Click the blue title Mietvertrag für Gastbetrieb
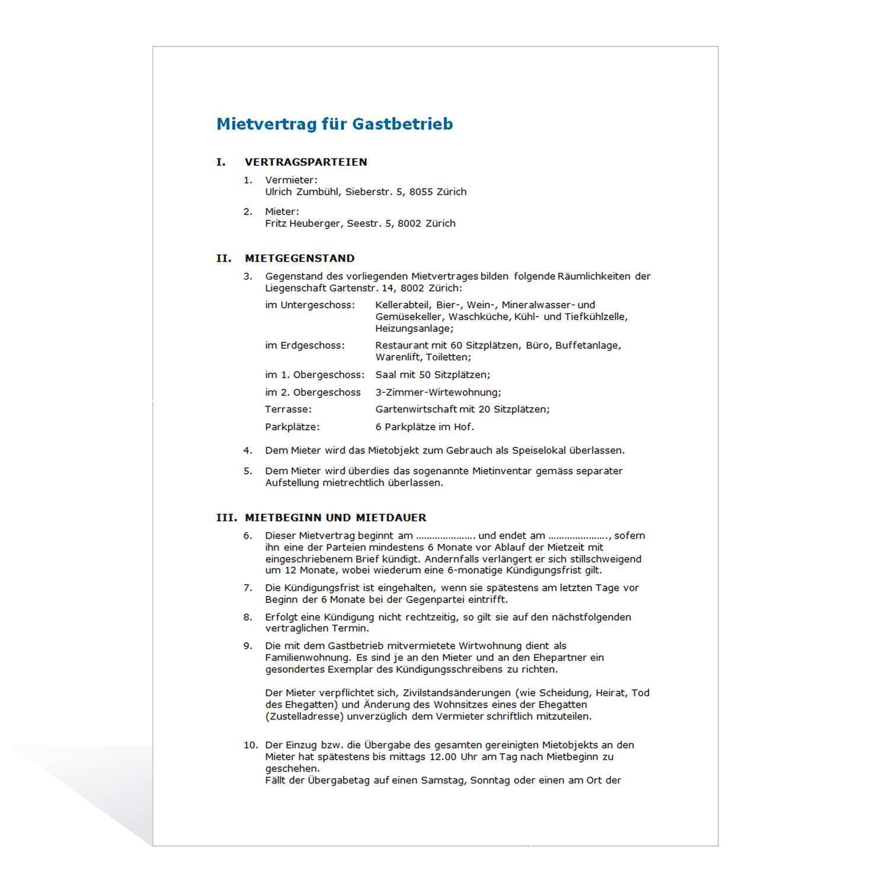tap(334, 124)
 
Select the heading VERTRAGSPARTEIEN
tap(306, 162)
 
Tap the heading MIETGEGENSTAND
tap(299, 258)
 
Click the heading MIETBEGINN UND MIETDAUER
tap(335, 517)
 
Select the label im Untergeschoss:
tap(310, 305)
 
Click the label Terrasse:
tap(288, 410)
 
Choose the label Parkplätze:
tap(292, 427)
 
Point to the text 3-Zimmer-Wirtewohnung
tap(437, 392)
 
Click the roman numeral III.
tap(226, 517)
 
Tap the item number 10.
tap(251, 745)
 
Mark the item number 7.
tap(248, 588)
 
